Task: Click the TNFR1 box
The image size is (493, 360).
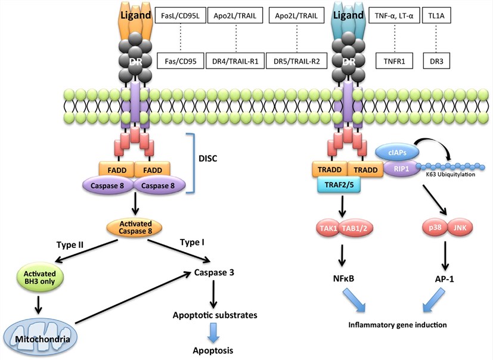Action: point(394,60)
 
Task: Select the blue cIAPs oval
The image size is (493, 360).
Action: point(394,154)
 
